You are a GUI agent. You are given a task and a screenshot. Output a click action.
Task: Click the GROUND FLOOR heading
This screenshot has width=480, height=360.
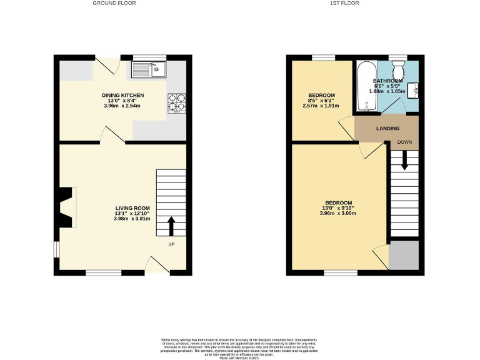click(x=114, y=3)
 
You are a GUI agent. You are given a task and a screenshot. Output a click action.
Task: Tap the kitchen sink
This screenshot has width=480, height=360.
click(x=148, y=69)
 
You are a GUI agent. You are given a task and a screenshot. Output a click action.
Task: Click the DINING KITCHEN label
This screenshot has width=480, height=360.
click(x=123, y=95)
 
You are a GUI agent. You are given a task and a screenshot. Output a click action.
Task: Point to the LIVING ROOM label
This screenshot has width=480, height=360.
click(x=132, y=208)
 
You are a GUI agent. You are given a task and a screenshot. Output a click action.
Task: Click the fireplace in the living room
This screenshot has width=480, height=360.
click(x=66, y=207)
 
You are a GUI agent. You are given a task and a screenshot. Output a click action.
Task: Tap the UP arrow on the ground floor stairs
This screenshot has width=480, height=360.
click(x=171, y=226)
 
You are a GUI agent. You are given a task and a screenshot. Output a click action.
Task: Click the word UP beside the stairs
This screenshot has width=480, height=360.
click(x=171, y=244)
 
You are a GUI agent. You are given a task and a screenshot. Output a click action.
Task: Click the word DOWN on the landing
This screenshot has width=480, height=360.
click(x=404, y=142)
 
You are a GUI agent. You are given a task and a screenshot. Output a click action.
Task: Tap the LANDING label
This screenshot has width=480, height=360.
click(x=387, y=129)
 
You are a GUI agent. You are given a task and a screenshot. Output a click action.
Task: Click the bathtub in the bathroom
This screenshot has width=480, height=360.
click(x=365, y=86)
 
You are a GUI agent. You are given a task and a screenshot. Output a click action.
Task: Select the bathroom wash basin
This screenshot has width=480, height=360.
click(x=413, y=89)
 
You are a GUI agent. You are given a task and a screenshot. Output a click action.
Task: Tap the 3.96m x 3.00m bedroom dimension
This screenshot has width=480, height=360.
click(x=337, y=214)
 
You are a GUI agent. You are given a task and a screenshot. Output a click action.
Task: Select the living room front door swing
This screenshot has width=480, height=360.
click(x=157, y=264)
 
